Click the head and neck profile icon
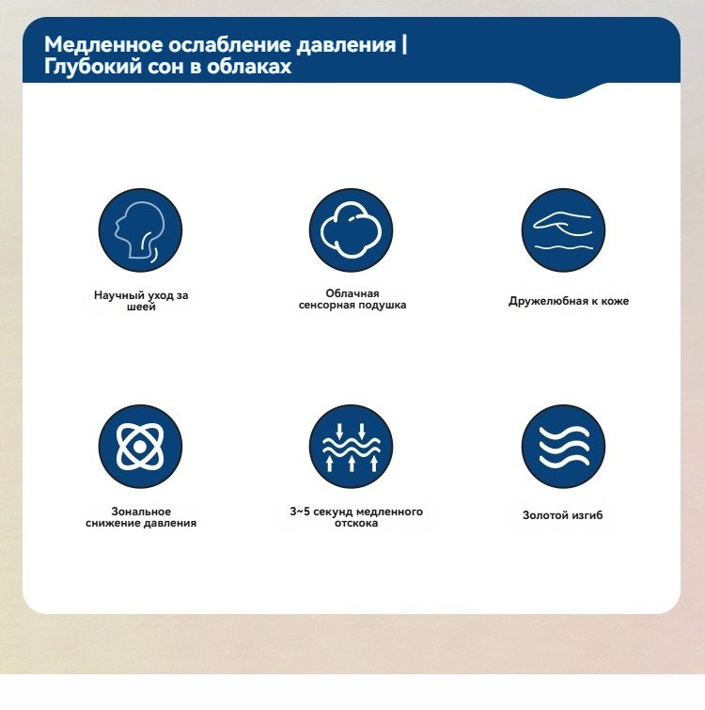pyautogui.click(x=140, y=230)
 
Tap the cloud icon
pyautogui.click(x=352, y=230)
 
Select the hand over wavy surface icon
pyautogui.click(x=563, y=230)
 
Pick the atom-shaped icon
pyautogui.click(x=140, y=447)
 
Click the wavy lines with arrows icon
pyautogui.click(x=352, y=447)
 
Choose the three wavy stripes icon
pyautogui.click(x=563, y=447)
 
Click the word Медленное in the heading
pyautogui.click(x=103, y=45)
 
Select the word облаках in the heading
pyautogui.click(x=249, y=67)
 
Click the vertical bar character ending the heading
pyautogui.click(x=404, y=45)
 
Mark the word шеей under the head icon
pyautogui.click(x=141, y=307)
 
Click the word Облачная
pyautogui.click(x=352, y=293)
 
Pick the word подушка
pyautogui.click(x=383, y=306)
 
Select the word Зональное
pyautogui.click(x=141, y=512)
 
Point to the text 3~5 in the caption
pyautogui.click(x=300, y=512)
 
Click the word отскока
pyautogui.click(x=356, y=523)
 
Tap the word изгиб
pyautogui.click(x=587, y=515)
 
